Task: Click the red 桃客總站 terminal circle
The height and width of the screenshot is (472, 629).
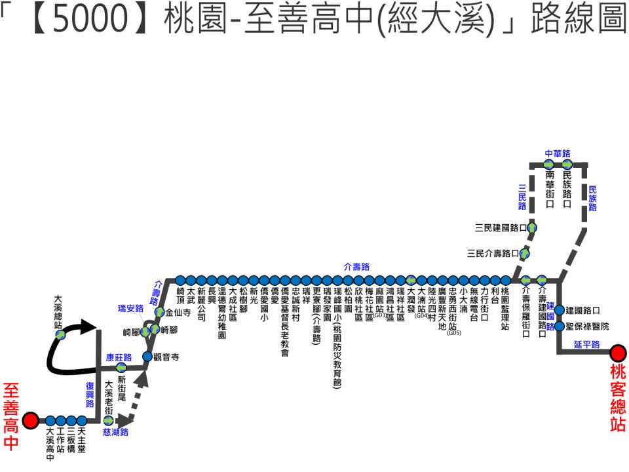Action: (x=618, y=353)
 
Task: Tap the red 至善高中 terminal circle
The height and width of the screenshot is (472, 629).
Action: (x=31, y=421)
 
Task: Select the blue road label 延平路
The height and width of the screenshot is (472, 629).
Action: (x=586, y=344)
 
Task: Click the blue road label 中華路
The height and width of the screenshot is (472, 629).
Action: (x=558, y=153)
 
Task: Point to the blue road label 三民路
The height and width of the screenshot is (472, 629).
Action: (x=522, y=197)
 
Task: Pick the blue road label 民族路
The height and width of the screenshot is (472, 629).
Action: (x=592, y=198)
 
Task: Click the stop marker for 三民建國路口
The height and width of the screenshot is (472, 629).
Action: (x=532, y=227)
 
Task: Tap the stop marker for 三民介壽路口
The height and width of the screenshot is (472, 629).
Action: (x=524, y=253)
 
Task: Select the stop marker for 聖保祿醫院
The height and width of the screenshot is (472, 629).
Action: (x=559, y=326)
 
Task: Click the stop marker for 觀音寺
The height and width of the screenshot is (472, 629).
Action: (x=147, y=356)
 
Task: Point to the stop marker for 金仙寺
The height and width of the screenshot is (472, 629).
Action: (x=159, y=311)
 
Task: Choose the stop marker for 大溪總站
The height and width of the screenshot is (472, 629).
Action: (x=60, y=334)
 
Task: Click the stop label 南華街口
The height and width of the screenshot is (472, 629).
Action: (x=550, y=189)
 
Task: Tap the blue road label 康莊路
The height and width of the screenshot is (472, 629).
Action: (x=119, y=357)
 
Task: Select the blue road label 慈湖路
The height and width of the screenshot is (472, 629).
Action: (x=115, y=432)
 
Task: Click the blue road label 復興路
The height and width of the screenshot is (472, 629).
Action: (x=90, y=394)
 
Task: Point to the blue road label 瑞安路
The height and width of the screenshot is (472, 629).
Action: (x=130, y=308)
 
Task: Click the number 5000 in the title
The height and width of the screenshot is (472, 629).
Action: (x=90, y=18)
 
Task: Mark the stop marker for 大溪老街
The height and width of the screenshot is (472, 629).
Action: (x=108, y=421)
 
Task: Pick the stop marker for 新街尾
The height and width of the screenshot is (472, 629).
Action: (x=121, y=367)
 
